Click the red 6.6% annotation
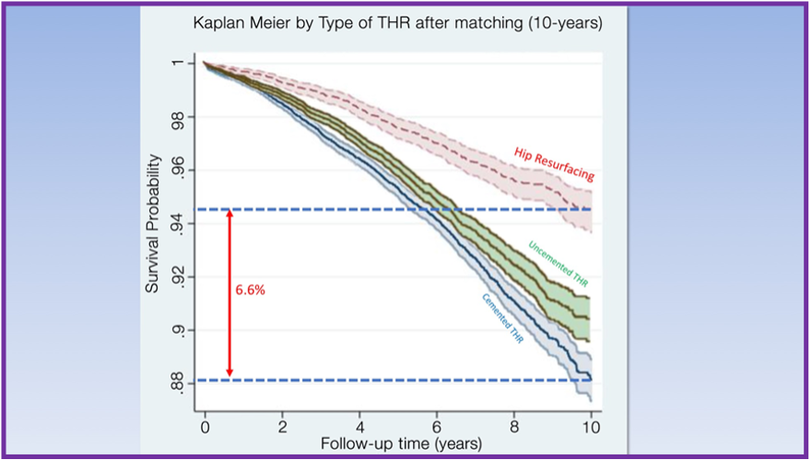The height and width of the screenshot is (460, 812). tap(250, 289)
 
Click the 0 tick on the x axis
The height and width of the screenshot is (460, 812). tap(205, 428)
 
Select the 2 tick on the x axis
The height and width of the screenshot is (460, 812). tap(282, 428)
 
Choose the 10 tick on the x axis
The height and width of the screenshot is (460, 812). tap(590, 428)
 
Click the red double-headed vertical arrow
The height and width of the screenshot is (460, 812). tap(229, 293)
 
